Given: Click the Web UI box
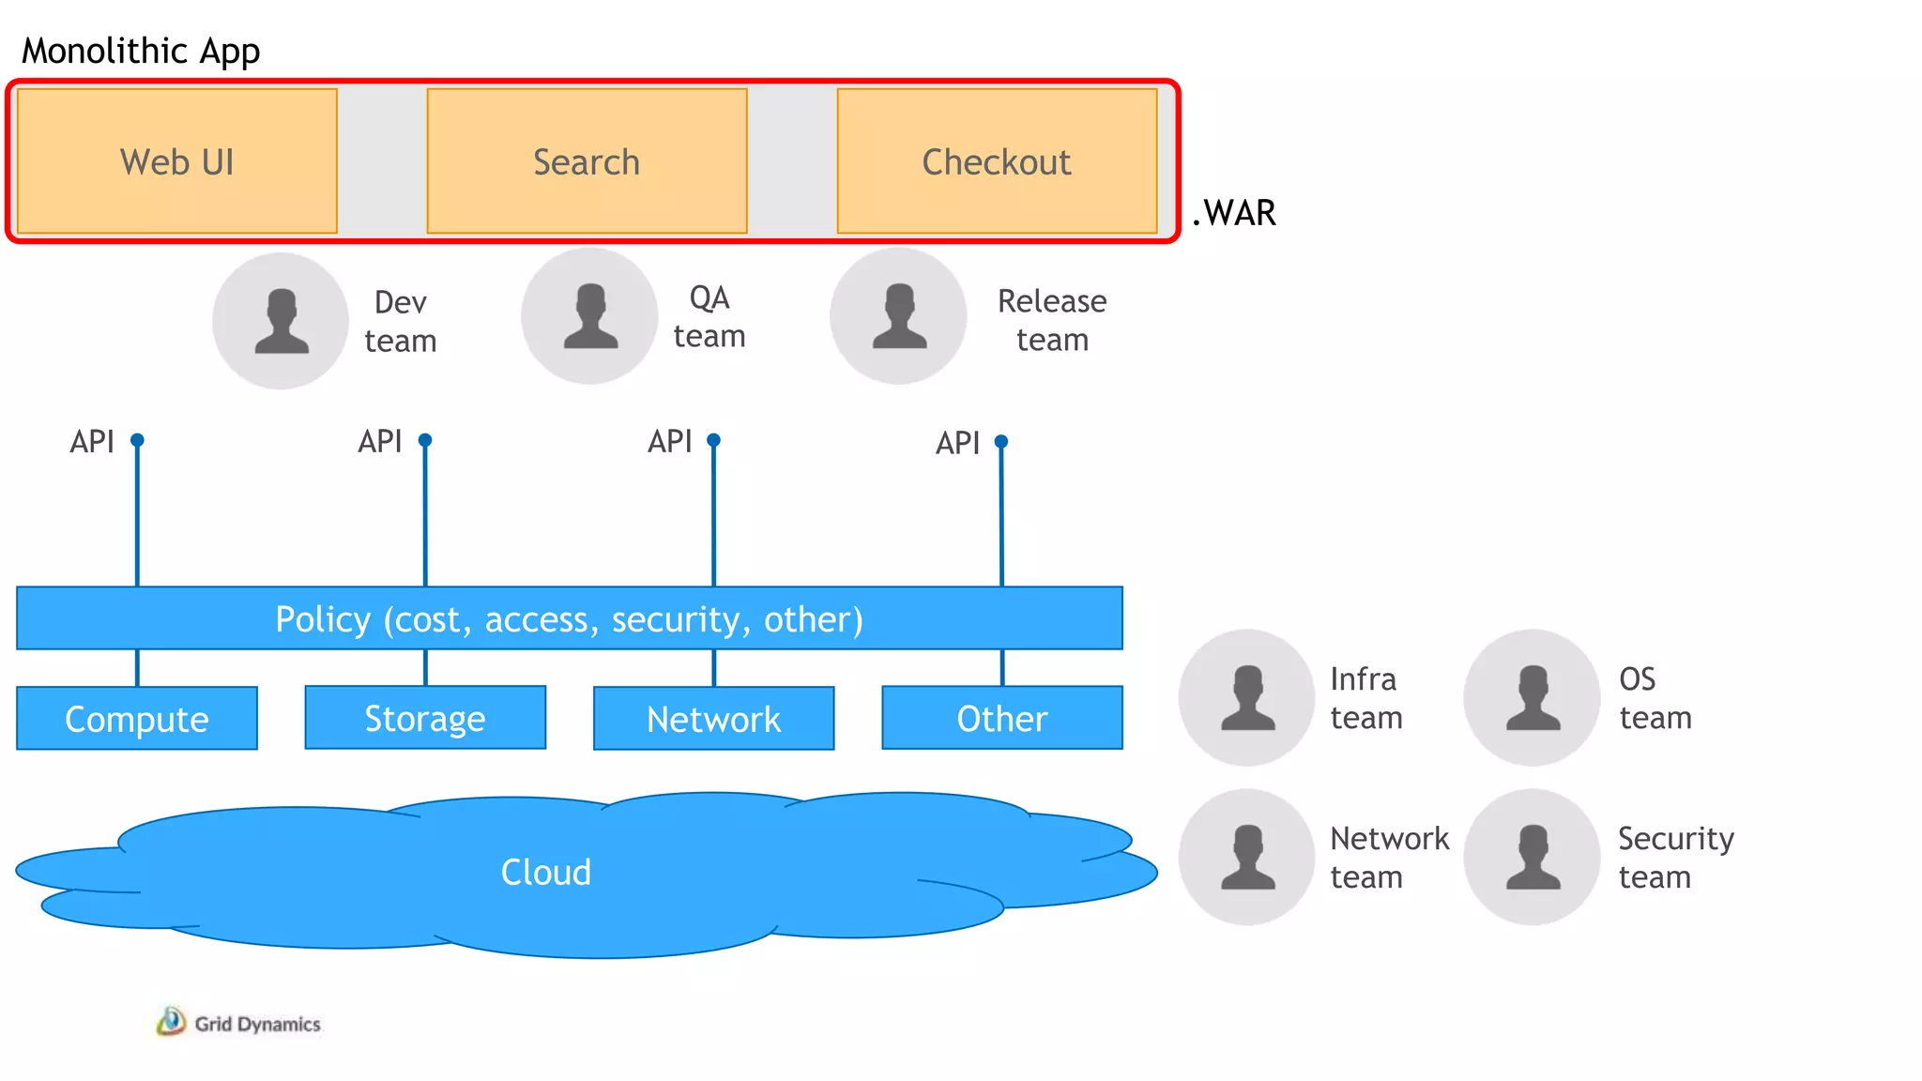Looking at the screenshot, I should pyautogui.click(x=176, y=161).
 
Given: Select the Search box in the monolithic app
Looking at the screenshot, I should pyautogui.click(x=587, y=161).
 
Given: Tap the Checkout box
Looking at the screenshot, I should pyautogui.click(x=996, y=161).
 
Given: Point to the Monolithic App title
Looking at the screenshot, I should pyautogui.click(x=141, y=51).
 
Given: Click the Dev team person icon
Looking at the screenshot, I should pyautogui.click(x=281, y=321).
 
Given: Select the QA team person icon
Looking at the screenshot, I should pyautogui.click(x=589, y=316).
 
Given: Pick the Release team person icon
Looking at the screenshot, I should pyautogui.click(x=898, y=316).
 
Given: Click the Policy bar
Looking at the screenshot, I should pyautogui.click(x=569, y=618).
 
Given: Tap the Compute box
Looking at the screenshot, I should pyautogui.click(x=137, y=719).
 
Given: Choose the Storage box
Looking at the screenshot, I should pyautogui.click(x=425, y=718).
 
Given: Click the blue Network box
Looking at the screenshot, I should pyautogui.click(x=713, y=719).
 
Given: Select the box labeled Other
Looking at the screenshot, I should pyautogui.click(x=1001, y=718).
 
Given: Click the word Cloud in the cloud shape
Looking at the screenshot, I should pyautogui.click(x=545, y=872).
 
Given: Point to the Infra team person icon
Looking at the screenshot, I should pyautogui.click(x=1246, y=697).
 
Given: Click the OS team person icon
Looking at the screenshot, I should pyautogui.click(x=1532, y=697).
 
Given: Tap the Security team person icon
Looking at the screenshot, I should pyautogui.click(x=1532, y=857).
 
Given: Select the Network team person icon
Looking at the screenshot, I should pyautogui.click(x=1246, y=857).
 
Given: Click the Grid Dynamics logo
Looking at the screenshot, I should pyautogui.click(x=238, y=1023).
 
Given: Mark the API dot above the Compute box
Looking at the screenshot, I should pyautogui.click(x=137, y=440).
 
